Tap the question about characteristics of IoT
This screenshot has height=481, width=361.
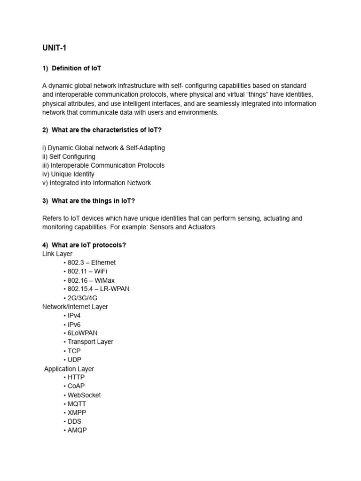pyautogui.click(x=106, y=130)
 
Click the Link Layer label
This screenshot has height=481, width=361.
pyautogui.click(x=57, y=254)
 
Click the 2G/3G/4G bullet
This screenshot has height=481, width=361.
pyautogui.click(x=82, y=298)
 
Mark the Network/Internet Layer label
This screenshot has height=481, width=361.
pyautogui.click(x=75, y=307)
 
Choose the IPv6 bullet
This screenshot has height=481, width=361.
pyautogui.click(x=74, y=324)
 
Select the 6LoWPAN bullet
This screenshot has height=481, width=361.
pyautogui.click(x=82, y=333)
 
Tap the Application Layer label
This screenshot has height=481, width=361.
pyautogui.click(x=69, y=369)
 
